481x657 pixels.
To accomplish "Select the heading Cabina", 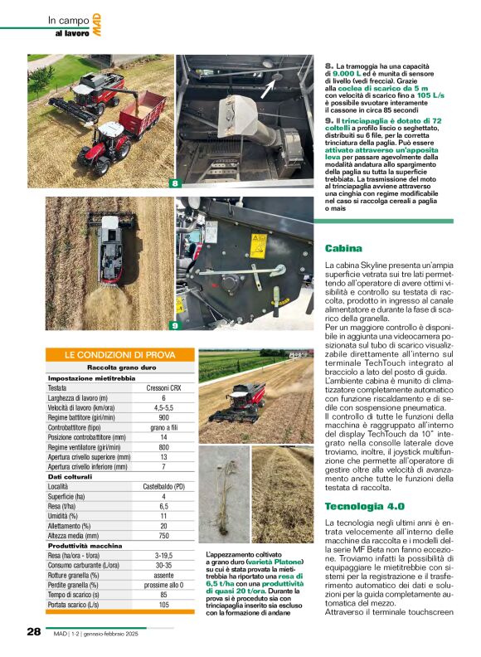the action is click(343, 248).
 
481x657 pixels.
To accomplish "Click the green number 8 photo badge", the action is click(175, 183).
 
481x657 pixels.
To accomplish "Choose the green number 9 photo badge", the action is click(175, 325).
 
